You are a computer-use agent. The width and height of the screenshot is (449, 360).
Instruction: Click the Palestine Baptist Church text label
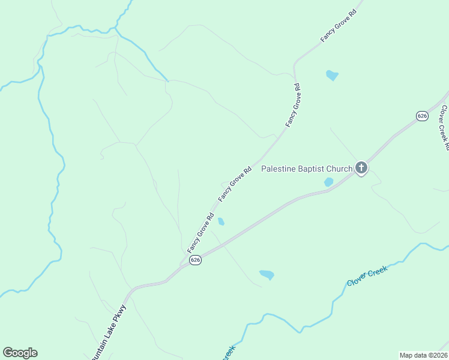coord(306,169)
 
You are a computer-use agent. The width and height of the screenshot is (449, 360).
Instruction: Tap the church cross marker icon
coord(361,168)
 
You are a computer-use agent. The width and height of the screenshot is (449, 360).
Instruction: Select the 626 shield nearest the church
coord(422,115)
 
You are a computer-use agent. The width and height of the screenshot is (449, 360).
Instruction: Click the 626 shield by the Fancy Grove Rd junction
coord(195,260)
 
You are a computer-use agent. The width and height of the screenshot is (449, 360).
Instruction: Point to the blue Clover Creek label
coord(367,275)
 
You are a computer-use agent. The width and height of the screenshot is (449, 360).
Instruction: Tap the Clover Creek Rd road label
coord(445,127)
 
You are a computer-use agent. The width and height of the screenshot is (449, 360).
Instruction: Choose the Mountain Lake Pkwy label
coord(109,332)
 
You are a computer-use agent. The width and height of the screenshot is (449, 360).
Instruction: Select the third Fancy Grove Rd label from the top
coord(234,183)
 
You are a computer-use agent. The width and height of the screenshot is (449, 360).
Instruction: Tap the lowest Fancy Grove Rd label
coord(200,233)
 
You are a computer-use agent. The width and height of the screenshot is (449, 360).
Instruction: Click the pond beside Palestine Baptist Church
coord(328,181)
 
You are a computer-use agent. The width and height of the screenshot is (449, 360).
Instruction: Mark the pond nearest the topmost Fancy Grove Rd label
coord(332,75)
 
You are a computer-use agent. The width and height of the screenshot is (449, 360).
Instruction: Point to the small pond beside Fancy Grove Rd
coord(221,221)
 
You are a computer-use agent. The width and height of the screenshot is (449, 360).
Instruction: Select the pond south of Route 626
coord(267,275)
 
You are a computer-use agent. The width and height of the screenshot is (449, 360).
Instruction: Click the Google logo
coord(20,353)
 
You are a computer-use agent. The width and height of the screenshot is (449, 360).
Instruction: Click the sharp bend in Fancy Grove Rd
coord(295,64)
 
